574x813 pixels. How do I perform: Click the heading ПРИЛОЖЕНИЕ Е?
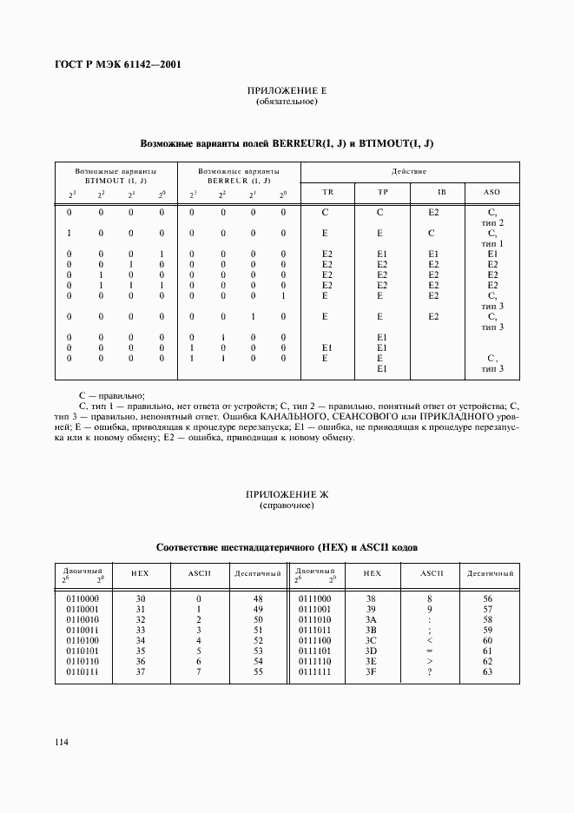coord(287,91)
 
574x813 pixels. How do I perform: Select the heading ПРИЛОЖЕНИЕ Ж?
coord(287,494)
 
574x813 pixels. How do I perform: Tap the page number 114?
coord(62,742)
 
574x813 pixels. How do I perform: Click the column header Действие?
coord(408,171)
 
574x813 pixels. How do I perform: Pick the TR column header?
coord(327,192)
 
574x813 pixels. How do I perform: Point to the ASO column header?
coord(492,192)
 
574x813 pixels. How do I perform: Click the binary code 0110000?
coord(82,598)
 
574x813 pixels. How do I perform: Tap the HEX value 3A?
coord(372,620)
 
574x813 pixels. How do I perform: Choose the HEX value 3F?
coord(372,672)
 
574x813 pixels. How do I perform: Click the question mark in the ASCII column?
coord(429,672)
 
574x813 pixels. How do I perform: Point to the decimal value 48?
coord(257,598)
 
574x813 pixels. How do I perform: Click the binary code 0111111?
coord(314,672)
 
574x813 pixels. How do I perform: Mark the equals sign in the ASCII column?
coord(429,651)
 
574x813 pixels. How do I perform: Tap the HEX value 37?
coord(141,672)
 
